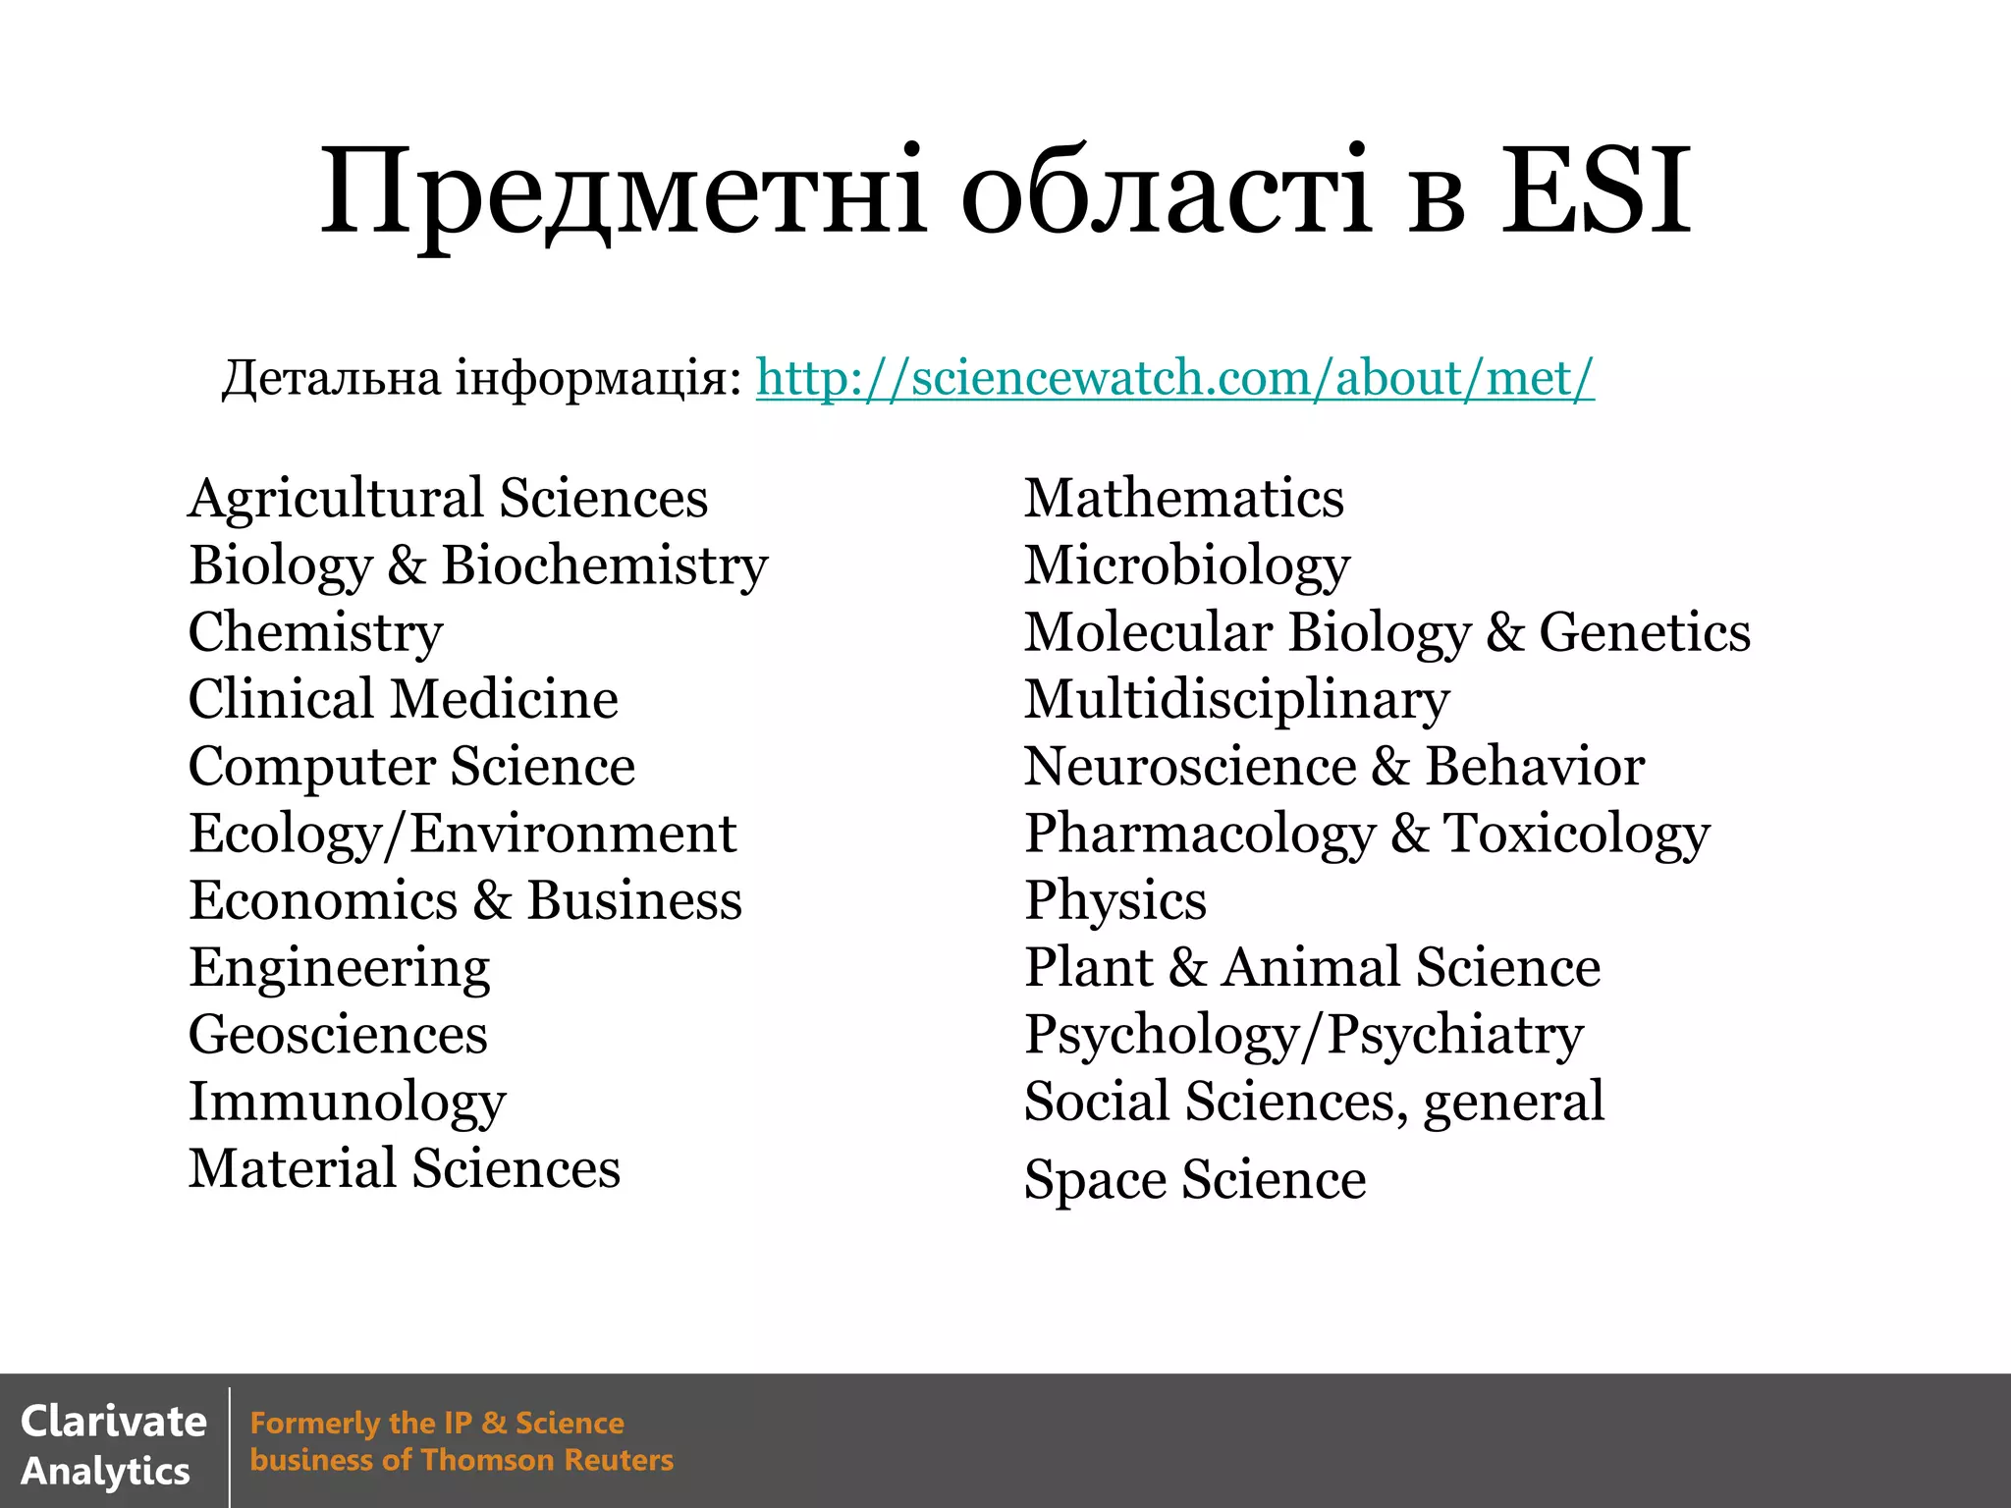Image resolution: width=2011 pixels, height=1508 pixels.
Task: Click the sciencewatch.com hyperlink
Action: point(1174,378)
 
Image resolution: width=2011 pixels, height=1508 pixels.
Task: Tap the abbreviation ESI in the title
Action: point(1596,191)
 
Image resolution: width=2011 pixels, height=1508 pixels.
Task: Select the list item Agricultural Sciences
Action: point(448,499)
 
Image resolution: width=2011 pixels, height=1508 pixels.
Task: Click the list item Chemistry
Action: point(315,632)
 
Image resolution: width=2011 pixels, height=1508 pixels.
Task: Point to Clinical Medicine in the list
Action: point(403,700)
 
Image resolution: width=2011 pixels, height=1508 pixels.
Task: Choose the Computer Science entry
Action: point(411,767)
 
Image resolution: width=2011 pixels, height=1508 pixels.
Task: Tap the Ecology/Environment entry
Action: point(462,835)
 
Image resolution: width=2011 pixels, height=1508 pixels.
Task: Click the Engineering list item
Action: point(339,969)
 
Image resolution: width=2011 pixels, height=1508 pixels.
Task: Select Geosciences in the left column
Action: point(338,1035)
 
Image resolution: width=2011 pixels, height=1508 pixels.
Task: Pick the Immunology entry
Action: point(347,1103)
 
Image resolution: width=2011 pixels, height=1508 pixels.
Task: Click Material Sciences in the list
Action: point(405,1168)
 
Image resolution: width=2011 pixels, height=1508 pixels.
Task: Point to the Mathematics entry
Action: point(1183,499)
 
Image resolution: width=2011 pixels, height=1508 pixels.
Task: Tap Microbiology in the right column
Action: point(1186,566)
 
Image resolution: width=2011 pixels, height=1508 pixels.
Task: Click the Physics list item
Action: point(1114,901)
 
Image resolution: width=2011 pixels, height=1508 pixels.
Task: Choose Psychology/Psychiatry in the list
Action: point(1303,1036)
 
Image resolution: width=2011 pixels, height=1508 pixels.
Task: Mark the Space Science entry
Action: point(1194,1179)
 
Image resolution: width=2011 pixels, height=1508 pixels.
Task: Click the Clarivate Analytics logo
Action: point(113,1445)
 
